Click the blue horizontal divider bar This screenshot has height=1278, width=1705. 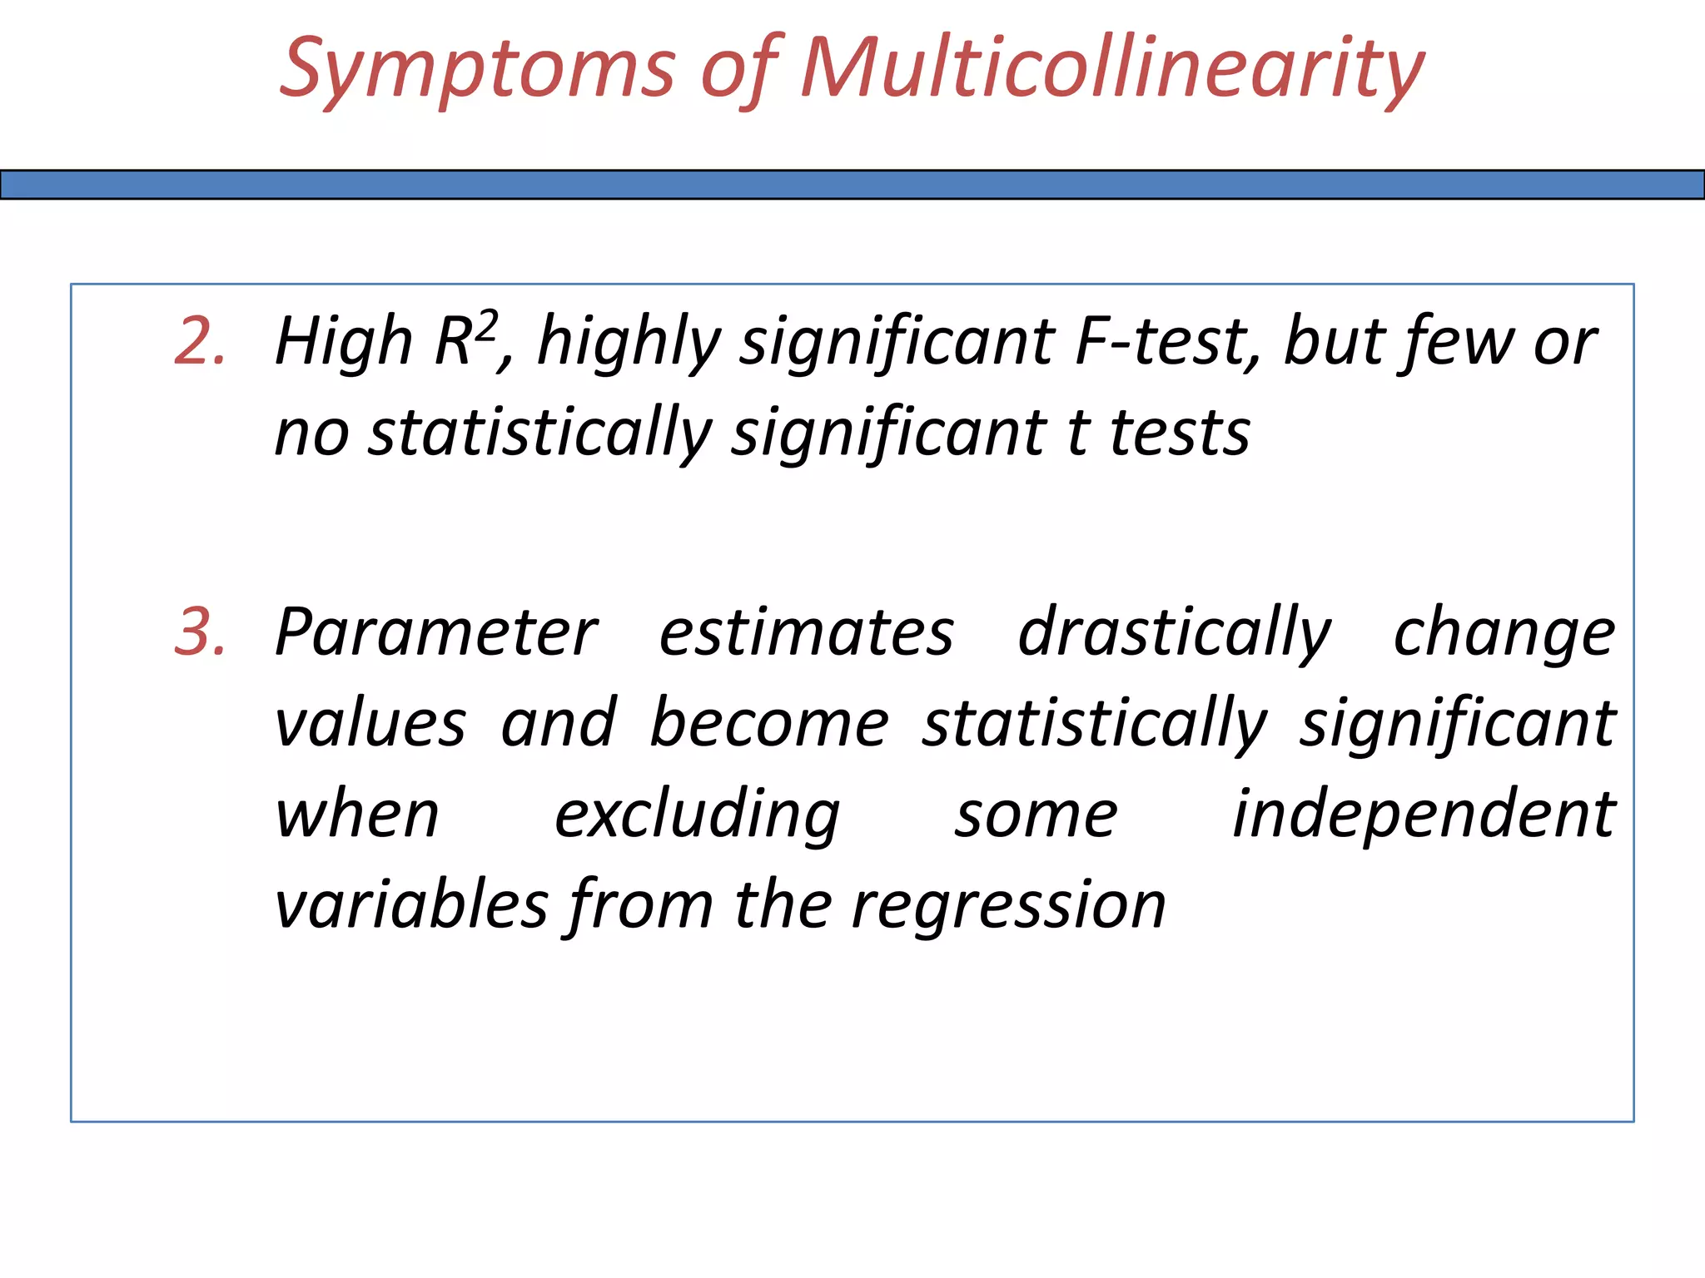coord(852,184)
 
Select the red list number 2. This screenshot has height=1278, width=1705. coord(200,341)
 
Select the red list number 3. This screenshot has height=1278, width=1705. coord(200,632)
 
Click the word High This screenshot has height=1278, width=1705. coord(344,342)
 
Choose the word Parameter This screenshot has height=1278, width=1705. coord(436,633)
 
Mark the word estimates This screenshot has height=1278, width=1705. coord(806,633)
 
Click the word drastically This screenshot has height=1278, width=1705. coord(1174,633)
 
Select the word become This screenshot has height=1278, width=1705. coord(768,723)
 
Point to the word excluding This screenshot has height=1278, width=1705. coord(697,815)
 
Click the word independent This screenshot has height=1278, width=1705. coord(1424,815)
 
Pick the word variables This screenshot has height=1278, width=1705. coord(412,904)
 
